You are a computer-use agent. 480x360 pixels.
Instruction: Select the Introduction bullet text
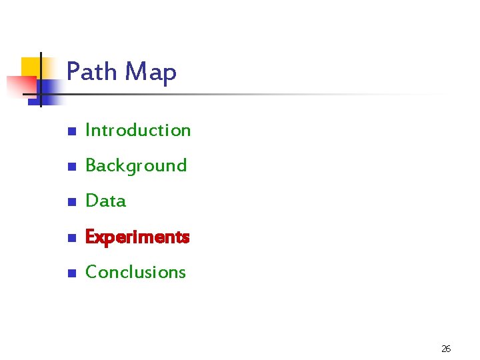click(138, 130)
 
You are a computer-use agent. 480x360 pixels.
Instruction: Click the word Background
click(136, 165)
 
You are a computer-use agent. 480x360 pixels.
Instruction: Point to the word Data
click(105, 201)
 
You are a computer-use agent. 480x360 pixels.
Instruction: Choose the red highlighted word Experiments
click(138, 237)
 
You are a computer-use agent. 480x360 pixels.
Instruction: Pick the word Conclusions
click(135, 272)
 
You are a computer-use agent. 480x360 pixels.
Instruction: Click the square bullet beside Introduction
click(71, 131)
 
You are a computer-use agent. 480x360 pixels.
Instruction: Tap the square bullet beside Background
click(71, 167)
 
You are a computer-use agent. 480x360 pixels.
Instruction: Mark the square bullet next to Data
click(71, 202)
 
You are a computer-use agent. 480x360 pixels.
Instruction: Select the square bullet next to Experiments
click(71, 238)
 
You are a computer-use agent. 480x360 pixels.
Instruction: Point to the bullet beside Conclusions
click(71, 273)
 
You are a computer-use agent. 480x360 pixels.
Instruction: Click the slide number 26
click(446, 349)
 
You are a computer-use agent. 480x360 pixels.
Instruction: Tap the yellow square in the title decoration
click(31, 67)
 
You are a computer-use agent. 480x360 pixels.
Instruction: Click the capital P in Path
click(73, 71)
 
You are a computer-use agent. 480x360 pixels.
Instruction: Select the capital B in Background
click(91, 165)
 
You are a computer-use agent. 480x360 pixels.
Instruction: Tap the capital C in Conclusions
click(91, 272)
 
